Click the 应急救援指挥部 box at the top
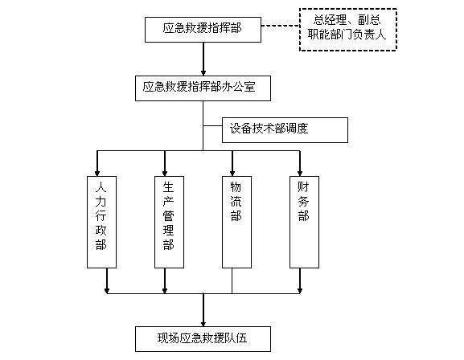[203, 30]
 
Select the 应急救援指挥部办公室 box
[203, 88]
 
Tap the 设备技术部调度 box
[285, 130]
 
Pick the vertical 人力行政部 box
[101, 222]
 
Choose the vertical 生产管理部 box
[169, 222]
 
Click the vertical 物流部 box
[236, 222]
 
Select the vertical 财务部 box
[304, 222]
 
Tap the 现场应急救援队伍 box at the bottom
[203, 339]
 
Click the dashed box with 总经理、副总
[348, 30]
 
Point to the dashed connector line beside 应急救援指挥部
[280, 26]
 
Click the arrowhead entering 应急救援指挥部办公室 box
[203, 73]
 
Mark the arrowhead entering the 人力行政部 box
[97, 174]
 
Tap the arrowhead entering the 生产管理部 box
[165, 174]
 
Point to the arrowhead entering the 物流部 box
[232, 174]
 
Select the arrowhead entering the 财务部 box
[300, 174]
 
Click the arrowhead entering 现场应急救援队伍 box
[203, 324]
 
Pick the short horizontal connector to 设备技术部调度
[212, 125]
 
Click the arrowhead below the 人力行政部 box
[107, 291]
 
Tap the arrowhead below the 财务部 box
[300, 291]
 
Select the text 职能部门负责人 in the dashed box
[347, 35]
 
